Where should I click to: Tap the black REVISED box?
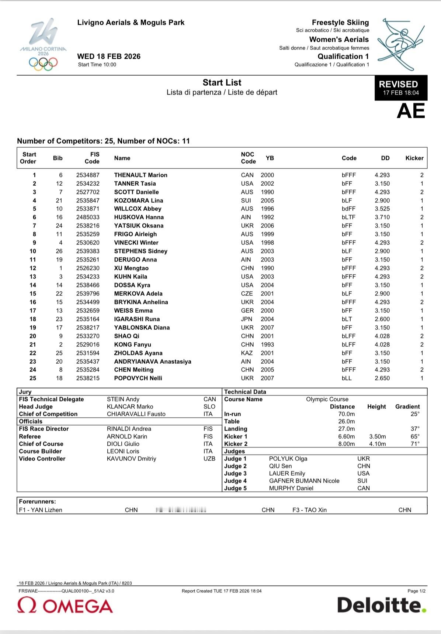click(401, 88)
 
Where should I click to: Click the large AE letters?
click(410, 111)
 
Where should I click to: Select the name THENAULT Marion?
click(140, 175)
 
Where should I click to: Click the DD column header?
click(385, 158)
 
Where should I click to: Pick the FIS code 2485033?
click(88, 217)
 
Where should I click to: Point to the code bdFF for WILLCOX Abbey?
click(348, 209)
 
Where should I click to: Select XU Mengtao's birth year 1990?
click(267, 268)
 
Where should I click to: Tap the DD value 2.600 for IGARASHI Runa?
click(382, 319)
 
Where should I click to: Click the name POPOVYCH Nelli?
click(138, 378)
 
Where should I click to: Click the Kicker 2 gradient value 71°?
click(415, 444)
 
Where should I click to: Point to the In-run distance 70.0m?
click(346, 414)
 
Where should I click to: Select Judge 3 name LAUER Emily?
click(287, 473)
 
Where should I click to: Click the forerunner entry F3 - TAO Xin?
click(309, 510)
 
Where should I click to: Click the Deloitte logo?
click(381, 605)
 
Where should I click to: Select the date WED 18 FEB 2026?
click(109, 56)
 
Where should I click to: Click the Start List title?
click(222, 83)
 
